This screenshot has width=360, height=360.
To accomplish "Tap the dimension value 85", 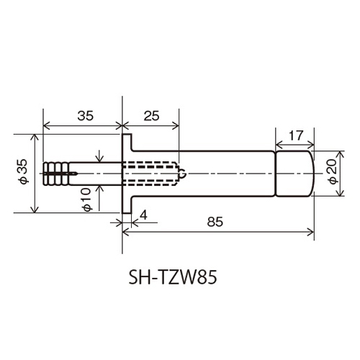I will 214,222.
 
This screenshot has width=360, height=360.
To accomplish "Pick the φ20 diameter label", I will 332,173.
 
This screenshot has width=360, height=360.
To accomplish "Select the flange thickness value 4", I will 144,214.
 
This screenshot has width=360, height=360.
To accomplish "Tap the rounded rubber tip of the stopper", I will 306,174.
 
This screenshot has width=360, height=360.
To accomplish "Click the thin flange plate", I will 125,174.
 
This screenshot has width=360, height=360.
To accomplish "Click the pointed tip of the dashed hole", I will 186,174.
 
